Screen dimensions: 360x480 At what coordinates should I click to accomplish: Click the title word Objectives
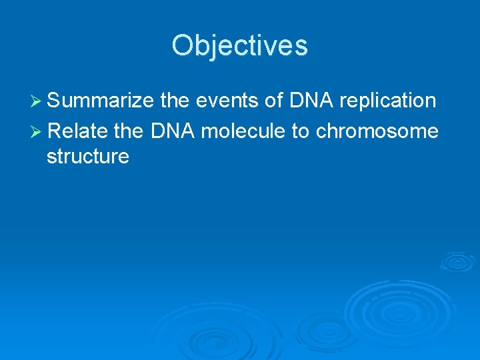[x=239, y=46]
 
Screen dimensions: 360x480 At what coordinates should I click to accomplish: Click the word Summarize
[x=101, y=101]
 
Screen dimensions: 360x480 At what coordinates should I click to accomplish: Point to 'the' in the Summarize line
[x=176, y=101]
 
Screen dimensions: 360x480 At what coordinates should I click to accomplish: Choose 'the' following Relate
[x=129, y=131]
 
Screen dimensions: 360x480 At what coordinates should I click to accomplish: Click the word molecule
[x=243, y=131]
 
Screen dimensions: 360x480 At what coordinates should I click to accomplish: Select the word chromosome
[x=377, y=131]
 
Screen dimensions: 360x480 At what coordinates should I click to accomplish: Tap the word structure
[x=87, y=157]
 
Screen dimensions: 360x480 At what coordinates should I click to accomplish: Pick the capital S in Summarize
[x=55, y=101]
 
